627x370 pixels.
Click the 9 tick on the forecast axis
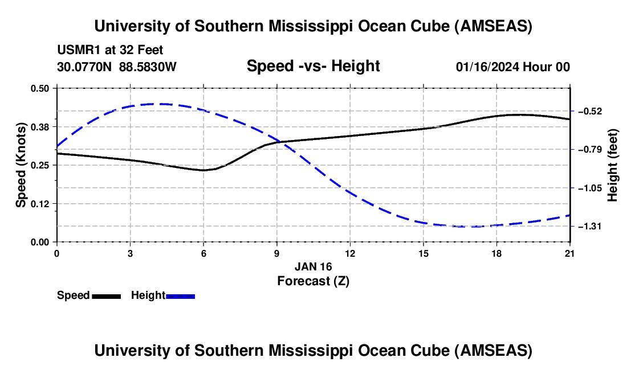[277, 253]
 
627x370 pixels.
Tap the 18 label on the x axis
[497, 253]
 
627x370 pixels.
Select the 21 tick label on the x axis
[570, 253]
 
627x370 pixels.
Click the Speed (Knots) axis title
[21, 165]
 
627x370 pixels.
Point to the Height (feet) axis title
[613, 165]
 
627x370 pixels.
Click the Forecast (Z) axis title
[313, 281]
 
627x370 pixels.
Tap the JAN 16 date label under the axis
[313, 266]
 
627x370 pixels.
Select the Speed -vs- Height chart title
[313, 66]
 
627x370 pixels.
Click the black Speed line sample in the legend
[106, 296]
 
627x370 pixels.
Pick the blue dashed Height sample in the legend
[180, 296]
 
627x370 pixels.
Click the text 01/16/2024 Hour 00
[512, 67]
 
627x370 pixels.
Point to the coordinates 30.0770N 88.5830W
[116, 67]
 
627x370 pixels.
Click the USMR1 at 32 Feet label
[110, 51]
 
